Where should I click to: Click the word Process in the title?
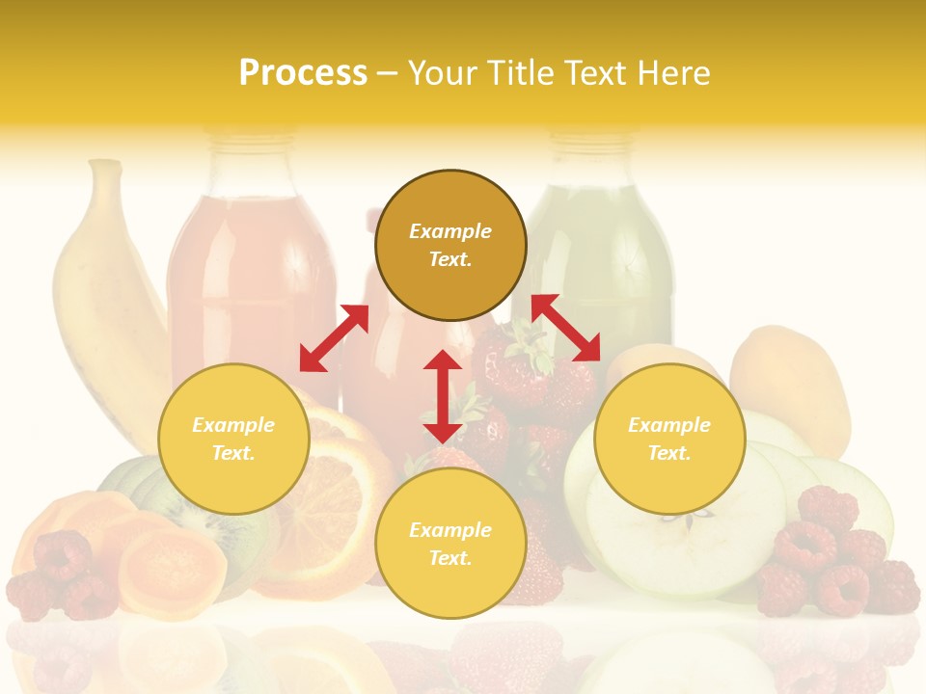point(303,73)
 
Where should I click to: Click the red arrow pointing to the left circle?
point(334,338)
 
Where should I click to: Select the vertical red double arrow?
point(443,396)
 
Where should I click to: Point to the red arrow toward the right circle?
point(566,328)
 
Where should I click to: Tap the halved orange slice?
point(333,501)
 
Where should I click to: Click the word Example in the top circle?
point(450,231)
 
